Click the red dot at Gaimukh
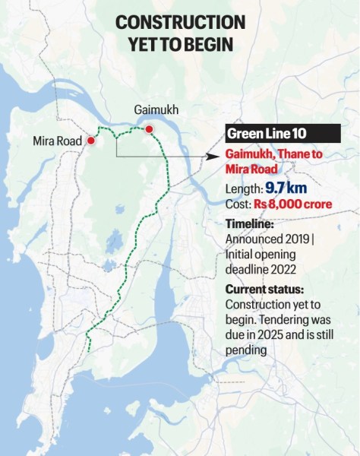tap(150, 129)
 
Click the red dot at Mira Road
tap(90, 141)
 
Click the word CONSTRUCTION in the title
tap(180, 22)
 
